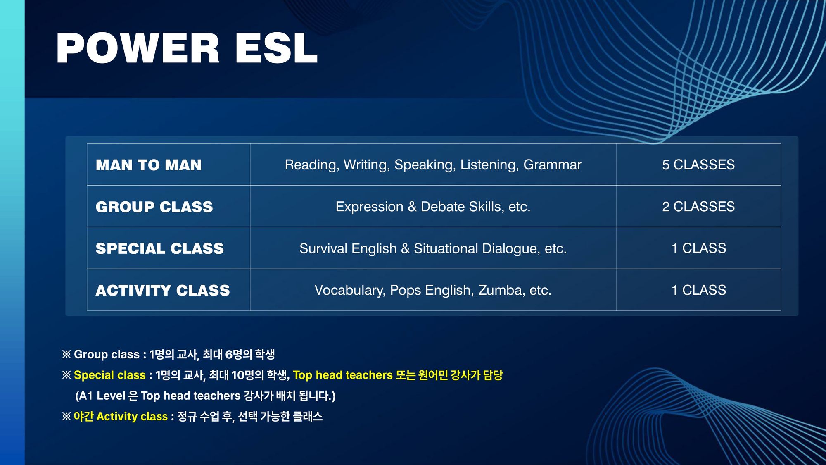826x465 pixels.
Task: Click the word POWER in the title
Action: (x=138, y=48)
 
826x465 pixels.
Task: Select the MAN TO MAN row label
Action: (x=149, y=165)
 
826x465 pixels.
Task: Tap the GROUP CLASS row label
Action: (x=154, y=207)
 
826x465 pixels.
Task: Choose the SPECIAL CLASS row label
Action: (x=159, y=248)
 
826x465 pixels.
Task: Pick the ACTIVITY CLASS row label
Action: (x=163, y=290)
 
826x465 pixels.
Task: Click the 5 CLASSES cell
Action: (x=698, y=165)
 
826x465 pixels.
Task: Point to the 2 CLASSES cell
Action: (x=698, y=206)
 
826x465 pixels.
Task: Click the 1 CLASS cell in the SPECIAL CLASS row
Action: (x=699, y=248)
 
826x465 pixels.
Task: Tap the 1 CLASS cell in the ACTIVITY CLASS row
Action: (x=699, y=290)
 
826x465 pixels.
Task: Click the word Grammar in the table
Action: (x=552, y=165)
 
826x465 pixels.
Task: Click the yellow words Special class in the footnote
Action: (x=109, y=375)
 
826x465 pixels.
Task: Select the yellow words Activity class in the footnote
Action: (x=132, y=416)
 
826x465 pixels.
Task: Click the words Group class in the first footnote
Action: (x=107, y=354)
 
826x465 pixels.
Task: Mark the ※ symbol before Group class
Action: (x=66, y=354)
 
